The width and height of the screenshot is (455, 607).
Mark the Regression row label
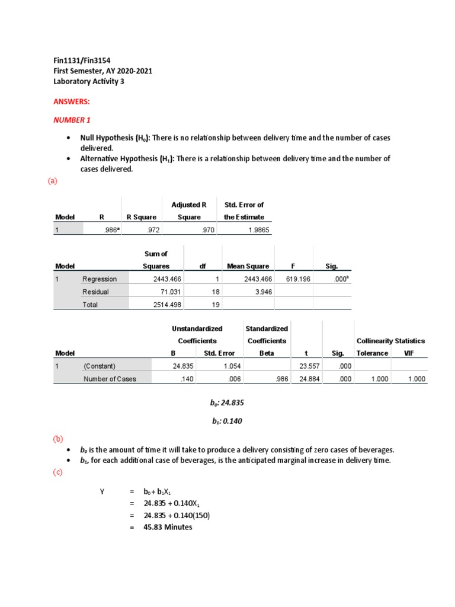(x=100, y=279)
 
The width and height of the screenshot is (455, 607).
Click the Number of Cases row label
(x=110, y=379)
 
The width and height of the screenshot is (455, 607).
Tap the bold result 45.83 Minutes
(x=168, y=527)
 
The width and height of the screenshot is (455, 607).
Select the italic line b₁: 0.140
(x=227, y=421)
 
